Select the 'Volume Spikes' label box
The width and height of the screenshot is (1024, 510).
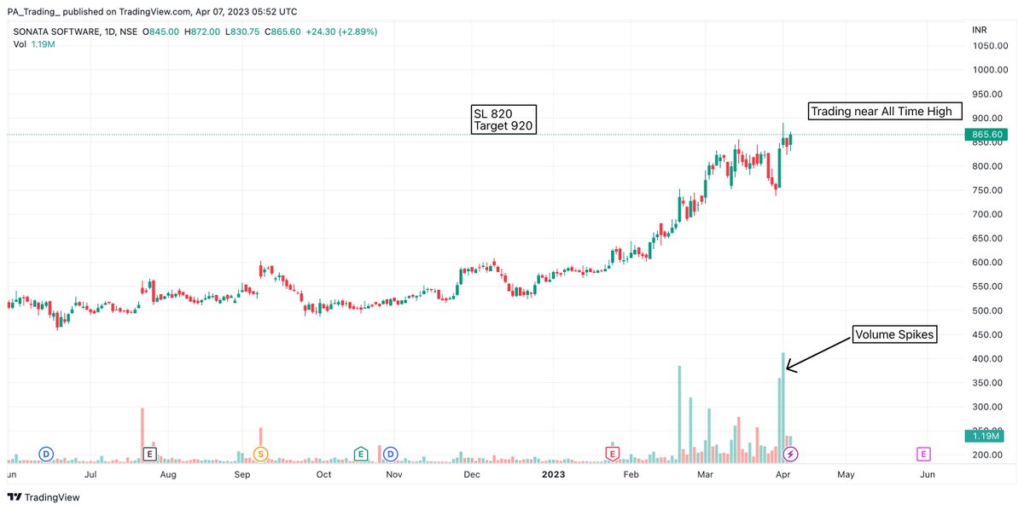pyautogui.click(x=894, y=335)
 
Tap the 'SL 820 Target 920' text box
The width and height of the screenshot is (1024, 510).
pyautogui.click(x=503, y=120)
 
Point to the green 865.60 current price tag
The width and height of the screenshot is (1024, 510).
pyautogui.click(x=986, y=135)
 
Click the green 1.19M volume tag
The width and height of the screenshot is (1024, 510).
pyautogui.click(x=986, y=436)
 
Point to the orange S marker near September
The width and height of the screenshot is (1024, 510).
pyautogui.click(x=260, y=454)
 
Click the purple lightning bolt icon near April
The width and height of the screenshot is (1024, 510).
pyautogui.click(x=791, y=454)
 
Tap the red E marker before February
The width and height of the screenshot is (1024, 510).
pyautogui.click(x=612, y=454)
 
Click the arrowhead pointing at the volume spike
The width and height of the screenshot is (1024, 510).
pyautogui.click(x=788, y=368)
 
